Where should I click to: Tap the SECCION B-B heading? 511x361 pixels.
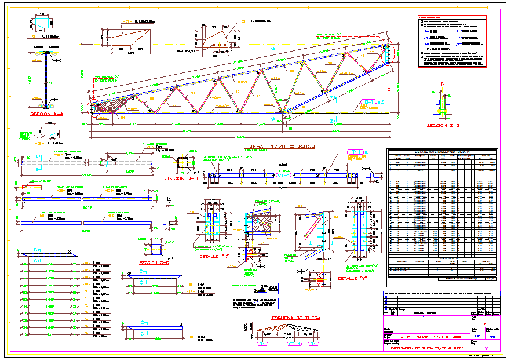(x=181, y=178)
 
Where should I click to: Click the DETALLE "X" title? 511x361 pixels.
(x=211, y=256)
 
